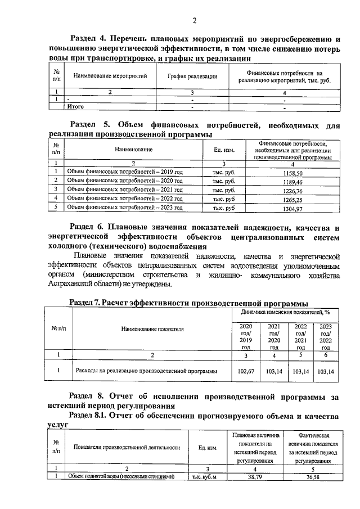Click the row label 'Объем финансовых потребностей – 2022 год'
coord(125,199)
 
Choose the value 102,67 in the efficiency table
coord(246,372)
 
